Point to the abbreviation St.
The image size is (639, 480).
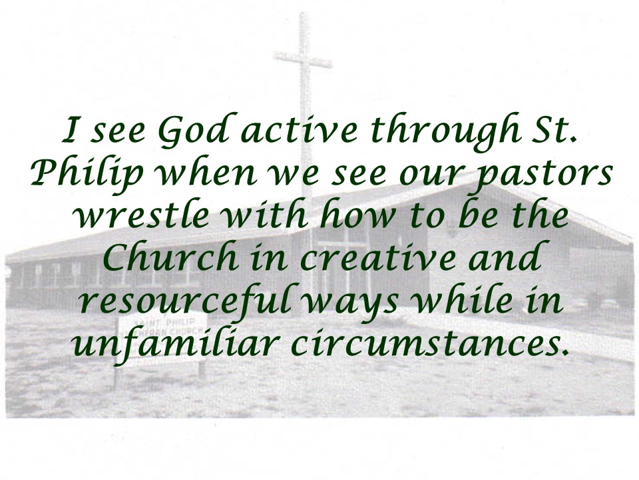pos(554,130)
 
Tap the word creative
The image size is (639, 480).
pos(377,257)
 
